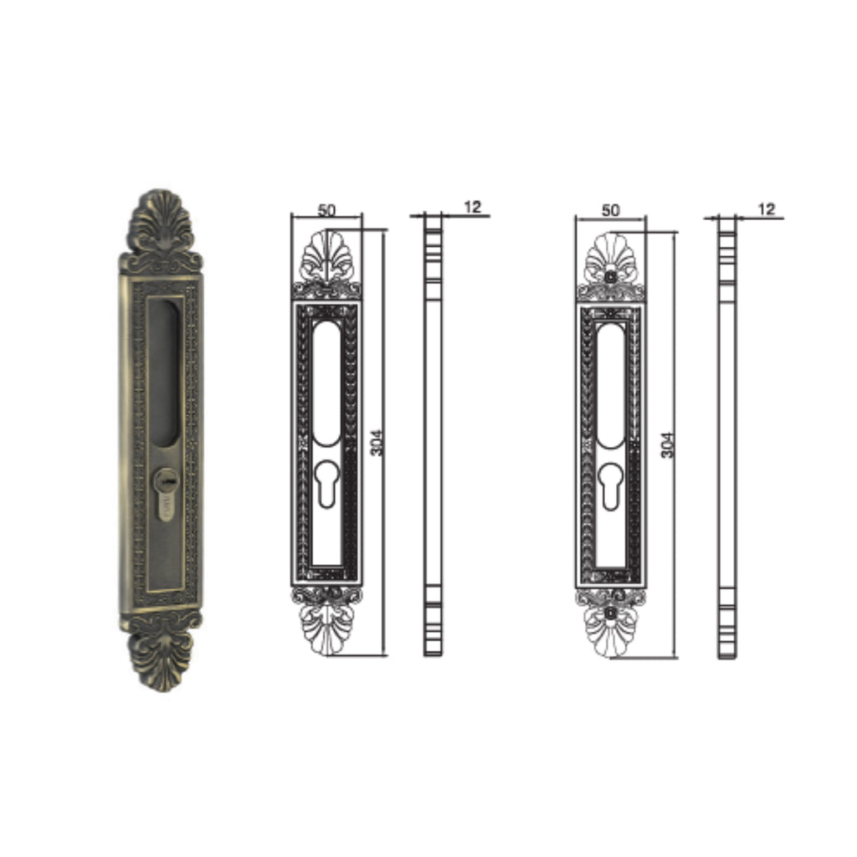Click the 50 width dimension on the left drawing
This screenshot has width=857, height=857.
(326, 209)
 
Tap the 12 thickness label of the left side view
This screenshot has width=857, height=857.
(473, 207)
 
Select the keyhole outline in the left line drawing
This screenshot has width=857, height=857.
(327, 484)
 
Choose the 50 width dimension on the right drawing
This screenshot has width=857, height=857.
(611, 209)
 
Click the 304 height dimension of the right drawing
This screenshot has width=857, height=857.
(666, 444)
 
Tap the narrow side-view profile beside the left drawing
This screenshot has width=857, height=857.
(432, 435)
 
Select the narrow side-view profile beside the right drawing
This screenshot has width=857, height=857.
(727, 435)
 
